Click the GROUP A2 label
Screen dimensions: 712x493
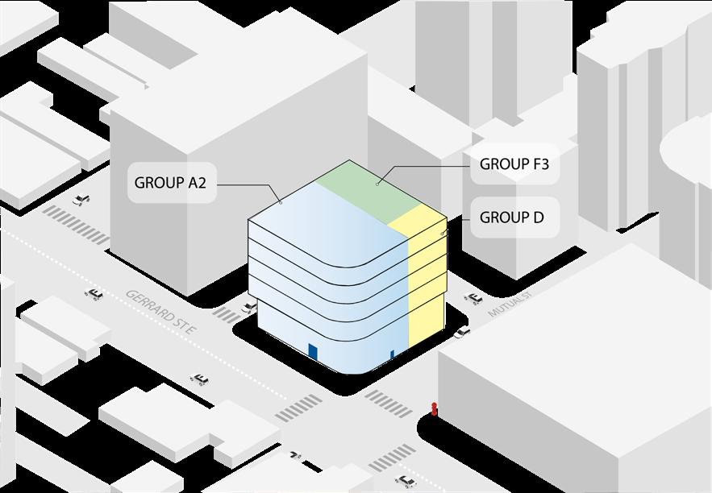pos(170,183)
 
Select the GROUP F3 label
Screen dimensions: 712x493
pos(514,164)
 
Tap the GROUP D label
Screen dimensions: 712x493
pos(512,217)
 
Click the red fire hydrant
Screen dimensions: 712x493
pos(435,409)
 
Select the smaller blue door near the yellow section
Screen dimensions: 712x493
pos(393,354)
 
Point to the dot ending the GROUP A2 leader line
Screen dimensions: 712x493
pos(281,202)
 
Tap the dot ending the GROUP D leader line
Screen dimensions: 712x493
pos(443,233)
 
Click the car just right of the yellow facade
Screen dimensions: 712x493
pos(461,331)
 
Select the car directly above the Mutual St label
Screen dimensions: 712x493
pos(473,297)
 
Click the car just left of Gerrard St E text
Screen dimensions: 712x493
pos(94,294)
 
